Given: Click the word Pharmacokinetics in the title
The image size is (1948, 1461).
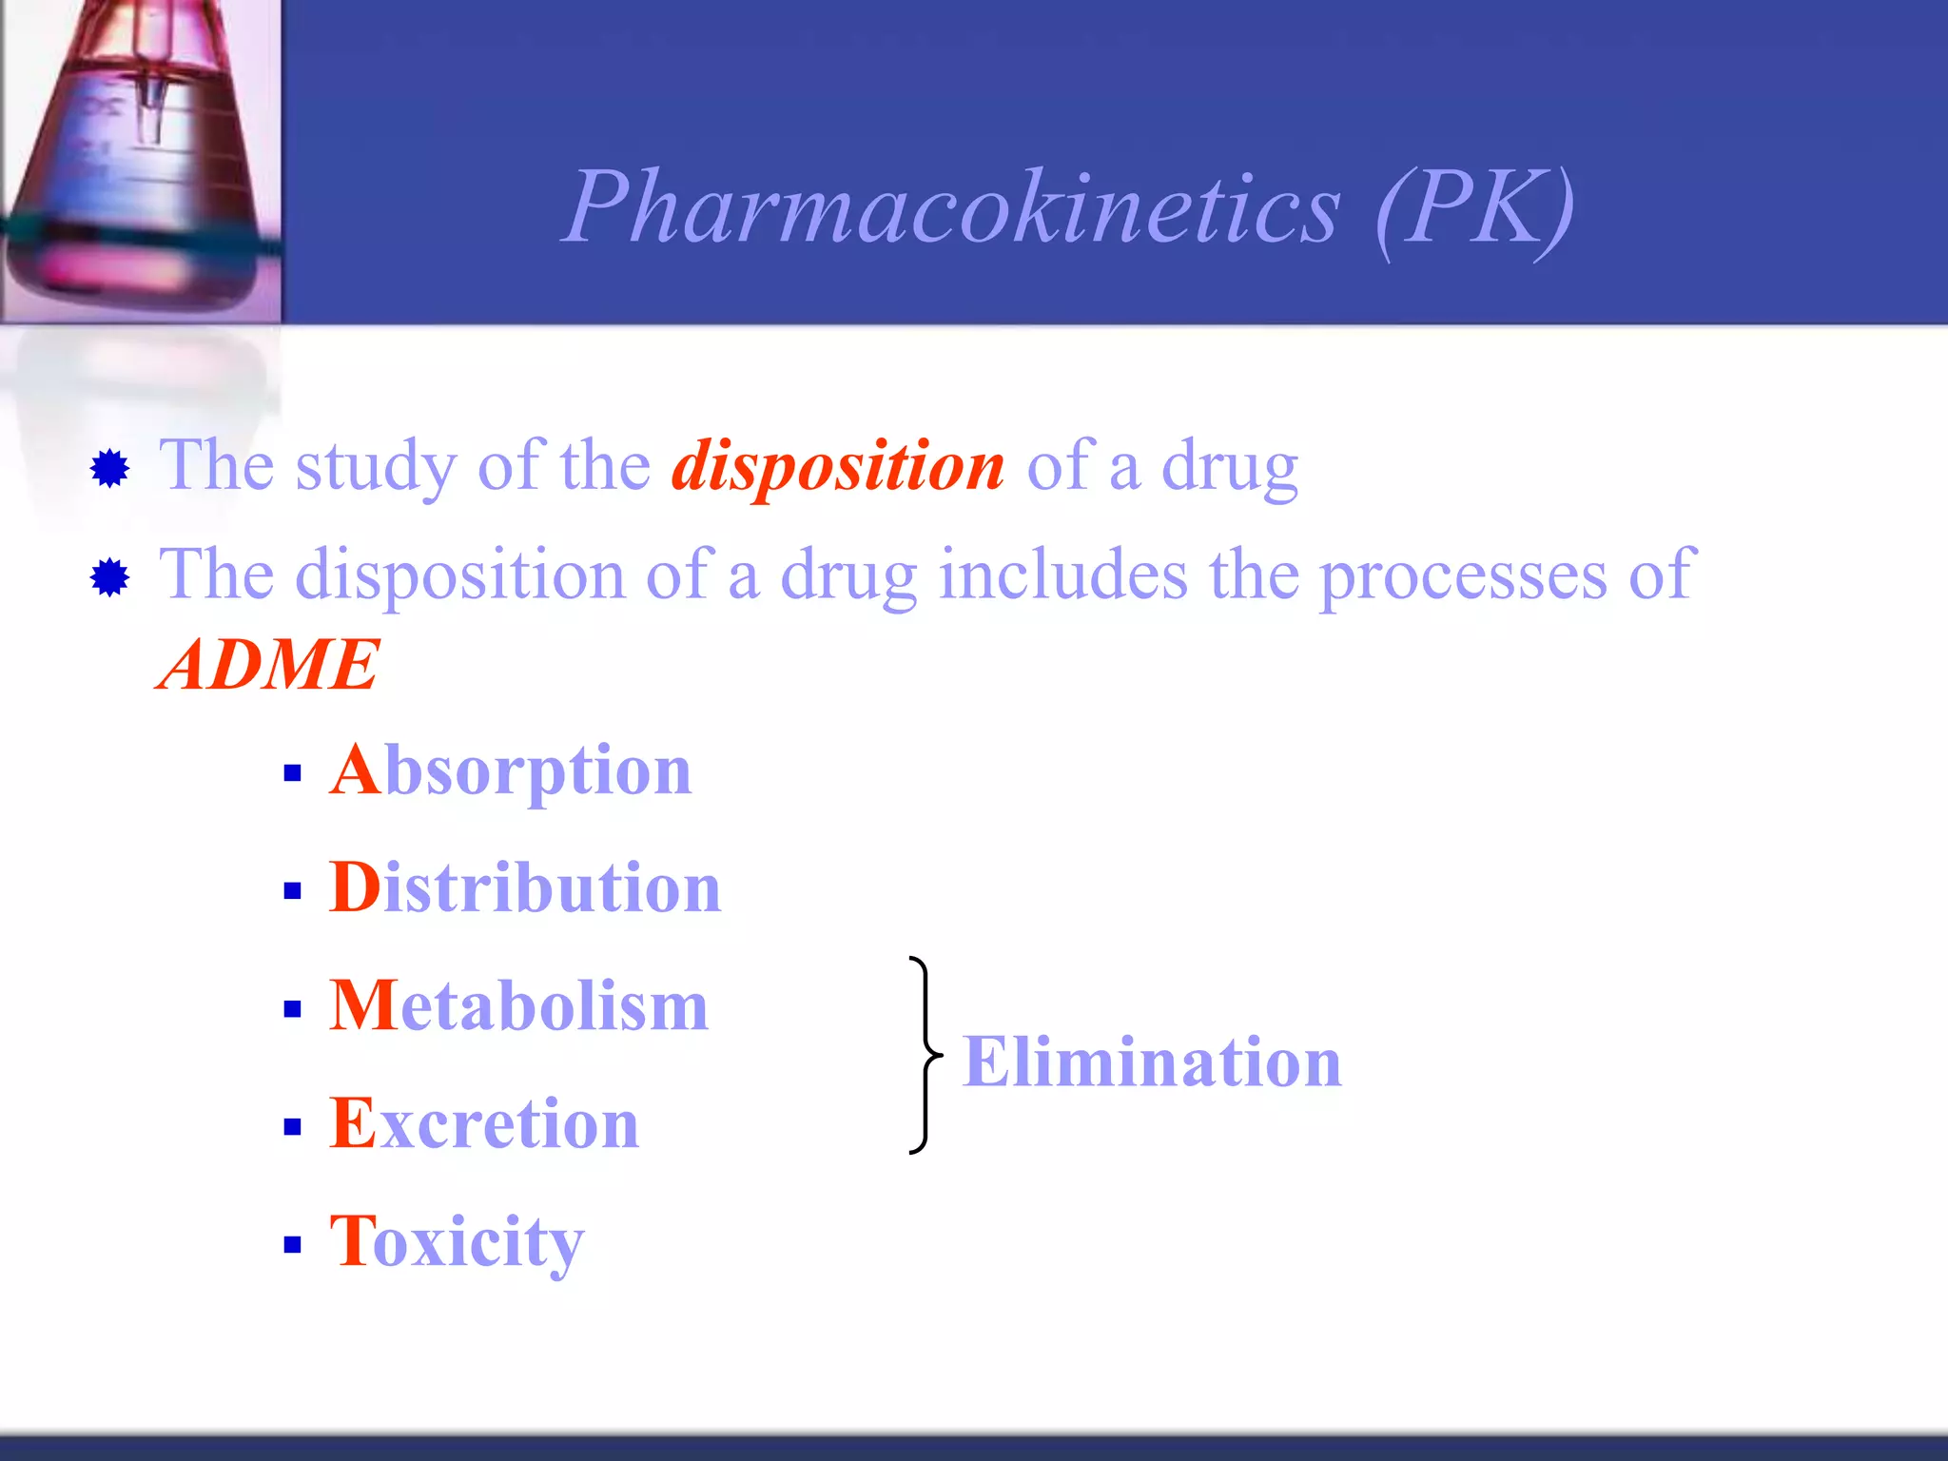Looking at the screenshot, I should point(951,207).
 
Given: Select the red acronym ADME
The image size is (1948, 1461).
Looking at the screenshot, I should point(268,664).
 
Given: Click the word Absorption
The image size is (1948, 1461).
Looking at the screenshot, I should point(511,770).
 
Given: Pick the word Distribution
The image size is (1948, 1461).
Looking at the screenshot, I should point(525,888).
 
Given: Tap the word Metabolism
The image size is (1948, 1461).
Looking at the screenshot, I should point(519,1006).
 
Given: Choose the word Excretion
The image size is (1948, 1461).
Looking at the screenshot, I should point(484,1124).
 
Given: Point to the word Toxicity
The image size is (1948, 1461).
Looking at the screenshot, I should point(457,1242).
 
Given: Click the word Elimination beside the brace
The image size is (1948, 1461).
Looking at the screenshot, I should point(1152,1062).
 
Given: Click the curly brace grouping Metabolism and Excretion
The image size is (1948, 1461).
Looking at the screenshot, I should point(924,1056).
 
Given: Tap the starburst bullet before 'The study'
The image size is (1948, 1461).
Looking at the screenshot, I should point(110,468).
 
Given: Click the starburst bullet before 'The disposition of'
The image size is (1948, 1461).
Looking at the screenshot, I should point(110,577).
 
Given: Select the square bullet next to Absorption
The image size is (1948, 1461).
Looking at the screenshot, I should point(292,773).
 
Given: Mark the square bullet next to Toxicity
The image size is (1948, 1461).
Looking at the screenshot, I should point(292,1245).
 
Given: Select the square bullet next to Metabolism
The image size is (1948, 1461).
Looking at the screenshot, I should point(292,1009).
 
